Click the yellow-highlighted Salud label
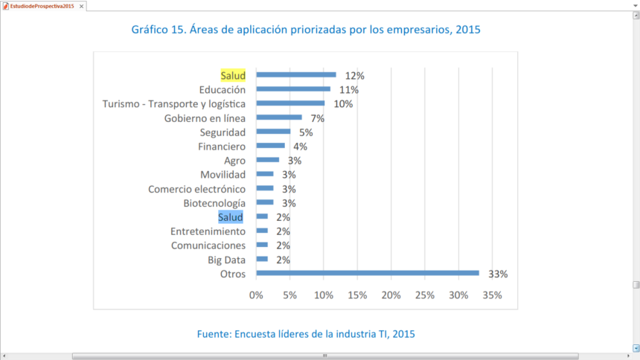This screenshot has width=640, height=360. coord(233,75)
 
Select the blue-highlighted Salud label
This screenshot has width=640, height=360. coord(231,217)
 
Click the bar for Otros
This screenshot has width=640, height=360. coord(368,273)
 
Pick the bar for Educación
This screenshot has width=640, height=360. coord(293,89)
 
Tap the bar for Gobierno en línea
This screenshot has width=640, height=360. coord(279,118)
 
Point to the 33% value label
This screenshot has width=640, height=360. coord(498,274)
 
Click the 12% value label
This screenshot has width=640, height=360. coord(354,75)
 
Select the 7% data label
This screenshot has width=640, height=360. coord(318,118)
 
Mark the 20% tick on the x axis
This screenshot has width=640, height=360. coord(391,295)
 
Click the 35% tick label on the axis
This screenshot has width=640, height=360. coord(492,295)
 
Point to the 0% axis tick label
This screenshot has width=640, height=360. coord(256,295)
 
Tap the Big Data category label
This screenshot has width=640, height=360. coord(227,260)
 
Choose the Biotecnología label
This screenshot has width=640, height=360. coord(214,203)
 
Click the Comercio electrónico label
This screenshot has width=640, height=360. coord(196,189)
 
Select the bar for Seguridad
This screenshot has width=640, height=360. coord(273,132)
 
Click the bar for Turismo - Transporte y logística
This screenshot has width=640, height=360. coord(290,103)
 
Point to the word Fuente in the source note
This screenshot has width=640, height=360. coord(214,334)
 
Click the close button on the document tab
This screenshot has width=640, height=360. coord(81,6)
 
